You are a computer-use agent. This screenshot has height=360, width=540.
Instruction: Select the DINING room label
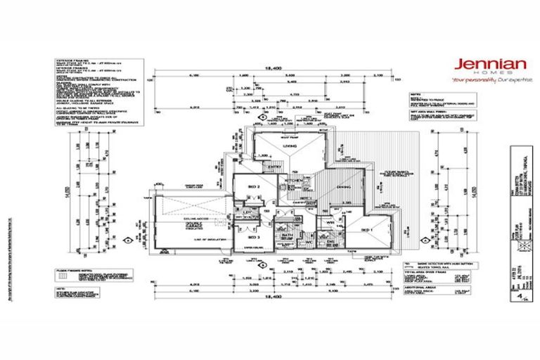[x=342, y=187]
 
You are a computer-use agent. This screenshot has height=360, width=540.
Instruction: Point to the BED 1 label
[x=366, y=230]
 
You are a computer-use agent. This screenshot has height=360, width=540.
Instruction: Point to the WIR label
[x=330, y=226]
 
